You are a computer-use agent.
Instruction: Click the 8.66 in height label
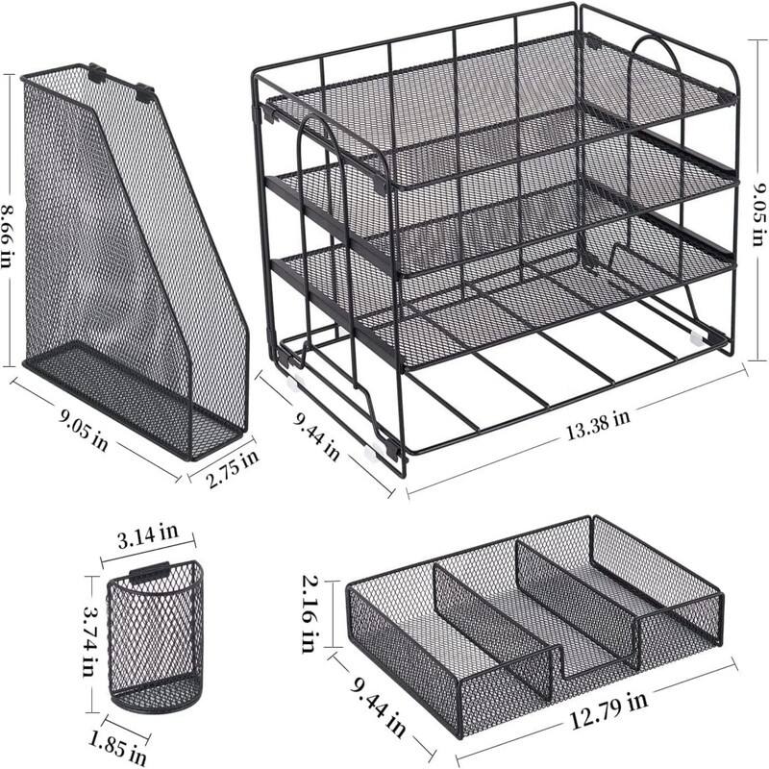pos(9,220)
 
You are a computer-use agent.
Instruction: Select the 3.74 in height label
pos(89,640)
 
